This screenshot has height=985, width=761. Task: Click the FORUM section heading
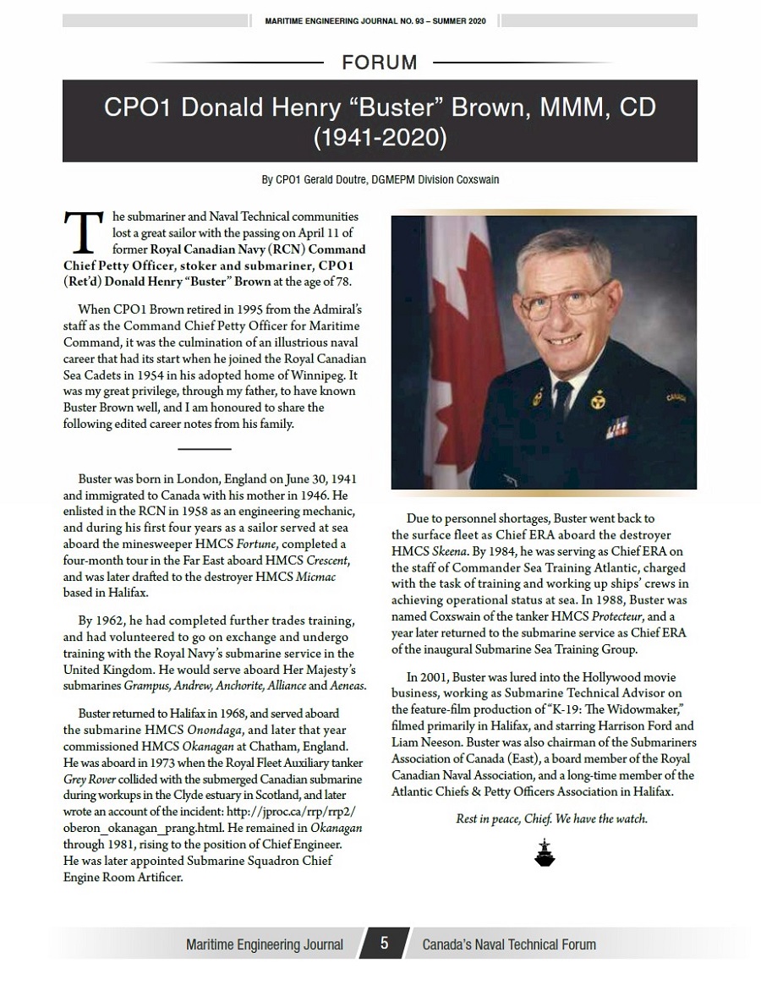(x=380, y=63)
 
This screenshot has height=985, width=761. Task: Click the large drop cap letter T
(x=81, y=231)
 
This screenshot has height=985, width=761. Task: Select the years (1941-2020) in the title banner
(x=380, y=138)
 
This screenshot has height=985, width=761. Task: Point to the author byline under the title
(x=380, y=179)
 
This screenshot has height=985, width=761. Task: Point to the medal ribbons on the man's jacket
(x=616, y=431)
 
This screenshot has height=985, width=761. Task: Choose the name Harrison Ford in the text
(x=641, y=725)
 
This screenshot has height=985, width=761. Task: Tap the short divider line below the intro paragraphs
(x=205, y=448)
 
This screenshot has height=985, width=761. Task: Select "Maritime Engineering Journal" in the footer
(x=265, y=944)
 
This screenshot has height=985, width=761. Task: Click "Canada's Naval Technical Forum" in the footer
(x=509, y=944)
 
